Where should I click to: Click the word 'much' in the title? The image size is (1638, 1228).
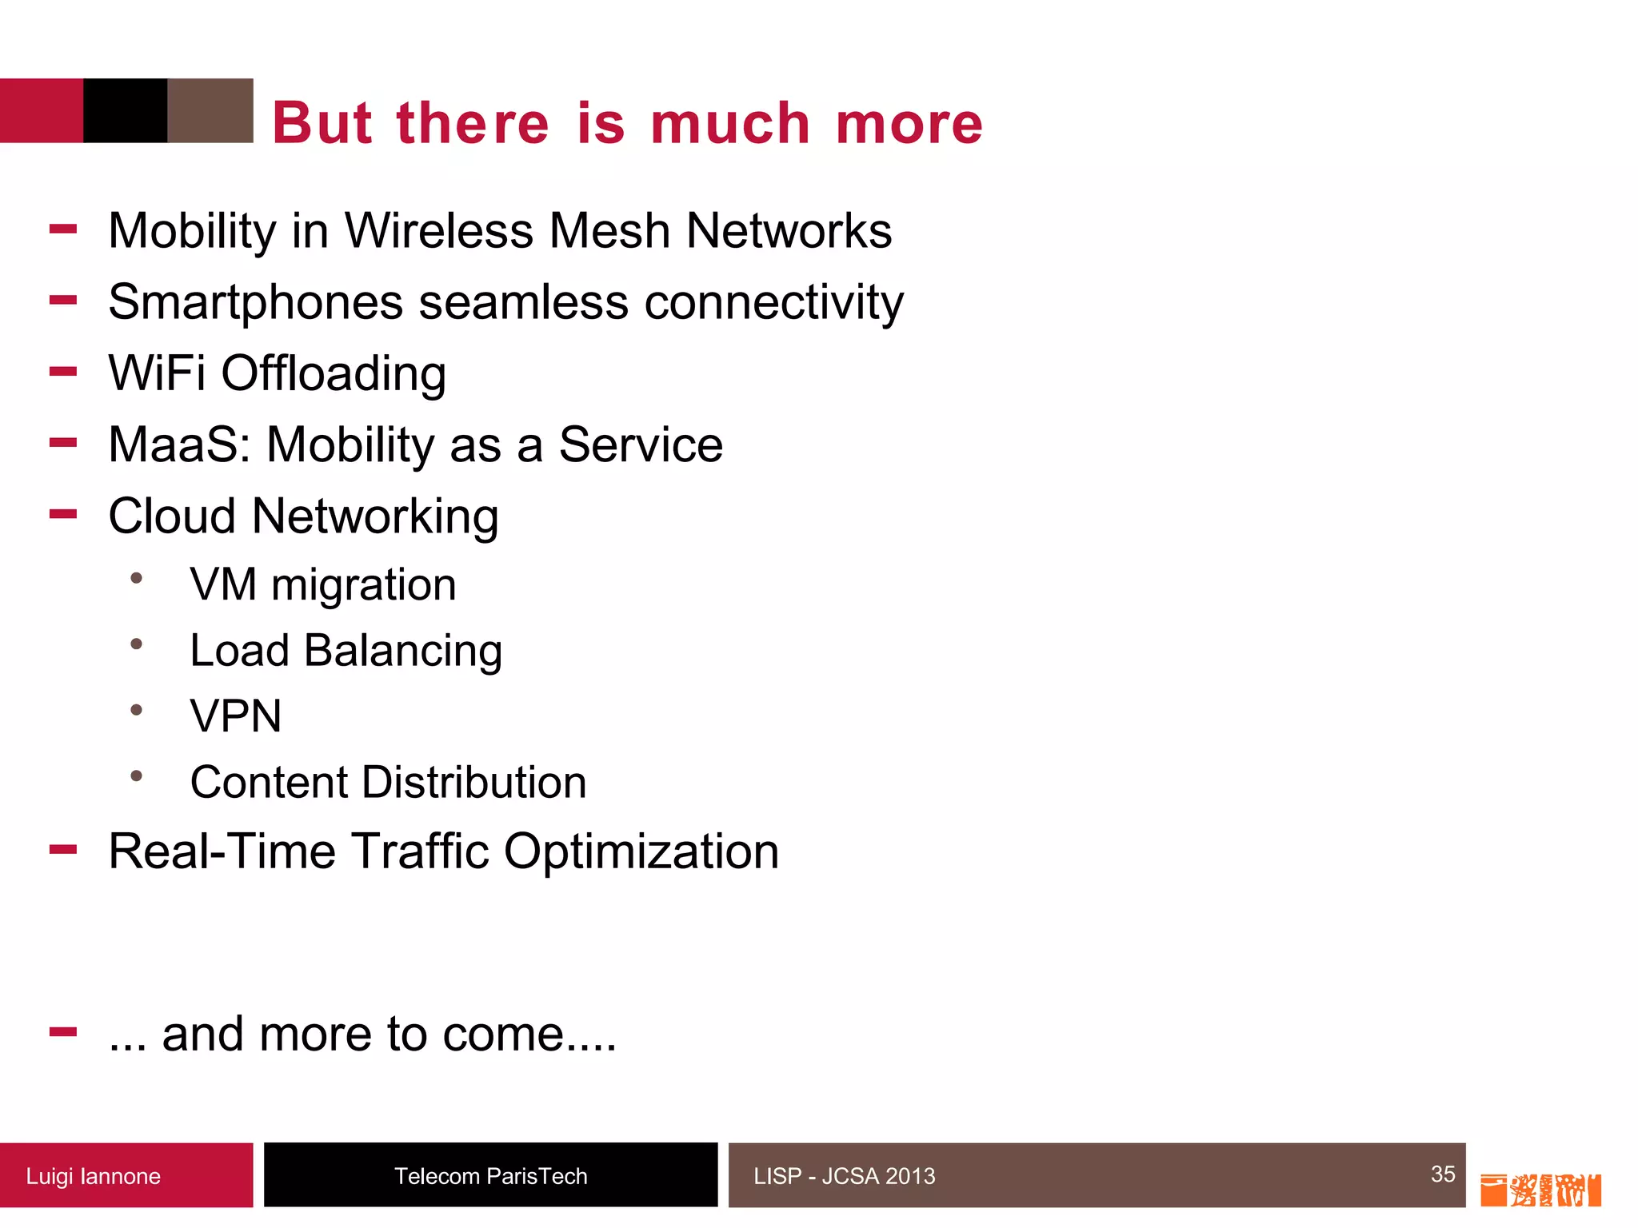click(730, 124)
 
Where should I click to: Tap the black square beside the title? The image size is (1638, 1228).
click(125, 110)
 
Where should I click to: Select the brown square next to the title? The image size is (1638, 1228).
click(210, 110)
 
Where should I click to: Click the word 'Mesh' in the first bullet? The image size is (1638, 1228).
click(610, 231)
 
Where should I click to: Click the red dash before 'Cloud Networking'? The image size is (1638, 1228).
click(63, 514)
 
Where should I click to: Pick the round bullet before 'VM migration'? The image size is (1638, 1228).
click(137, 578)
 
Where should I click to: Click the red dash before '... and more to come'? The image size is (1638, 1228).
click(63, 1032)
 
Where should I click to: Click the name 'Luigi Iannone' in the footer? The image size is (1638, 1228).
click(93, 1176)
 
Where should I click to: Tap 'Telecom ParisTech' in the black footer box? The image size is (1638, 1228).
click(490, 1176)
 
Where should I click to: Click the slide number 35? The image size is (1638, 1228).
click(1442, 1174)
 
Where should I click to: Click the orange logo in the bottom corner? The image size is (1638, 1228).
click(1540, 1190)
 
